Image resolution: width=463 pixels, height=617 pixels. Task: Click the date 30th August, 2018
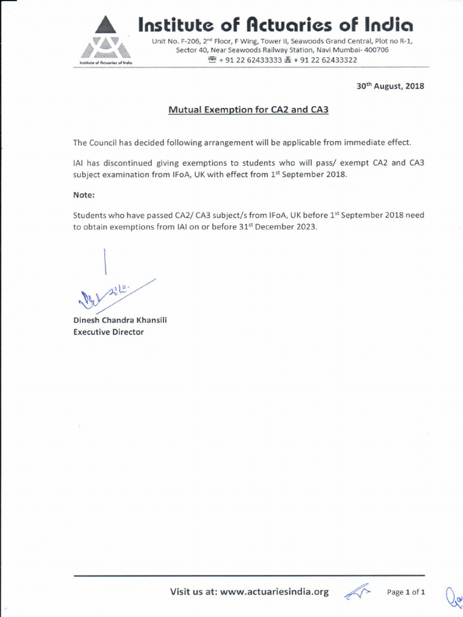pyautogui.click(x=390, y=86)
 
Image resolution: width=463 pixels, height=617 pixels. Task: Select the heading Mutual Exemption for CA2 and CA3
pyautogui.click(x=248, y=110)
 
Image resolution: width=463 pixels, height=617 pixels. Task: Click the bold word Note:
pyautogui.click(x=84, y=195)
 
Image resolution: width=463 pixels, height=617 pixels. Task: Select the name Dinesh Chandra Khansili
pyautogui.click(x=120, y=320)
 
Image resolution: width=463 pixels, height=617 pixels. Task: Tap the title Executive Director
pyautogui.click(x=109, y=332)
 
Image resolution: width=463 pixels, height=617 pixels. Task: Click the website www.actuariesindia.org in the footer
pyautogui.click(x=274, y=592)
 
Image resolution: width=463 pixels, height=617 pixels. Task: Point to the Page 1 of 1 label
pyautogui.click(x=406, y=592)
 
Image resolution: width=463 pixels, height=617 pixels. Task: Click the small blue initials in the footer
pyautogui.click(x=357, y=592)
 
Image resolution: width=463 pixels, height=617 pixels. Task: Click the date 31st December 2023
pyautogui.click(x=280, y=227)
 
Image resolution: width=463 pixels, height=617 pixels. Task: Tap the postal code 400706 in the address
pyautogui.click(x=376, y=50)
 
